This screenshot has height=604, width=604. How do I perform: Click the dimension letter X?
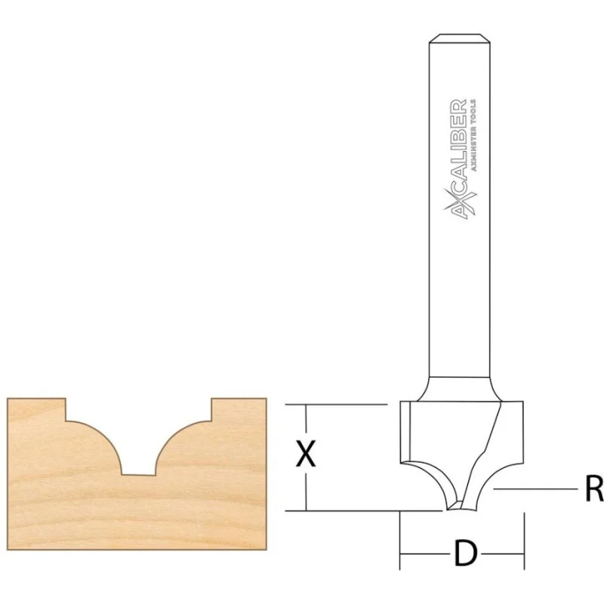pyautogui.click(x=306, y=454)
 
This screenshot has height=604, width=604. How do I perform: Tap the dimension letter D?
pyautogui.click(x=466, y=553)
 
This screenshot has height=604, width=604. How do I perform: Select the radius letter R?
pyautogui.click(x=594, y=488)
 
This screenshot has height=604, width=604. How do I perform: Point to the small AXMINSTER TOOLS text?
pyautogui.click(x=473, y=135)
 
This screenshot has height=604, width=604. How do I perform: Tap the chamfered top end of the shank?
pyautogui.click(x=460, y=38)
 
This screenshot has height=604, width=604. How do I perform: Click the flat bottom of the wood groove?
pyautogui.click(x=138, y=475)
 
